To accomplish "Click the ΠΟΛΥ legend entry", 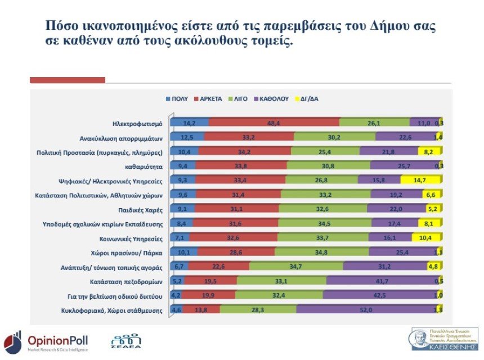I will pos(177,98).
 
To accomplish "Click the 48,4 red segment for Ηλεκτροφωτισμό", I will pos(274,123).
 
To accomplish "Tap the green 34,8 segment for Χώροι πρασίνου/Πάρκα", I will pos(321,251).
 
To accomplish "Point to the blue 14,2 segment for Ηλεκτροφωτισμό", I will pos(189,123).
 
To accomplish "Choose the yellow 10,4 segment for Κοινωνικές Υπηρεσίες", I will pos(426,237).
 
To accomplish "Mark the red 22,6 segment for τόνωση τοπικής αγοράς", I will pos(219,266).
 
